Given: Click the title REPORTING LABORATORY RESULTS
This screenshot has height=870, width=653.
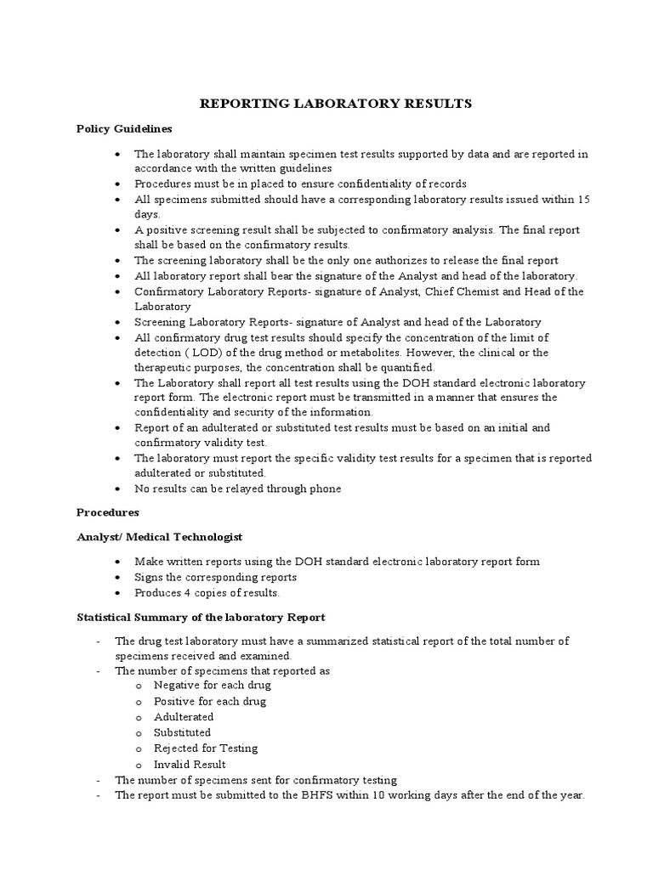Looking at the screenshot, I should click(x=335, y=104).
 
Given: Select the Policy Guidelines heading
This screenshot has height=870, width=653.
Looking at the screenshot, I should click(x=124, y=129).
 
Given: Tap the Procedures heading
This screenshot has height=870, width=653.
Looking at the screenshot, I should click(x=108, y=513).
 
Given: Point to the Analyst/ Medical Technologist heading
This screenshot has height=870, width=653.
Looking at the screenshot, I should click(x=160, y=537).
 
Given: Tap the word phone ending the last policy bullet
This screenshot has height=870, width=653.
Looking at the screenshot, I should click(x=324, y=489).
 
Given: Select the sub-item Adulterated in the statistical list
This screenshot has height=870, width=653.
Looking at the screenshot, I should click(x=184, y=717).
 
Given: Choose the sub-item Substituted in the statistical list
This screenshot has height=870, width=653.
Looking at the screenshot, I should click(x=182, y=732).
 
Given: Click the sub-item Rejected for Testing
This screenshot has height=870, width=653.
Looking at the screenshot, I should click(x=206, y=749).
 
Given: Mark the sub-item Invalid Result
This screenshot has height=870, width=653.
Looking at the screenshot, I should click(x=189, y=765).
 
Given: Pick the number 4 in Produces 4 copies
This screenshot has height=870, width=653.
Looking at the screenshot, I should click(x=187, y=593).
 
